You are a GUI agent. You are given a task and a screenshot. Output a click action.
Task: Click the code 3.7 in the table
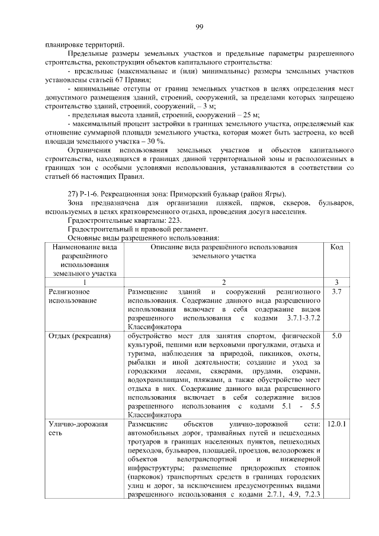point(337,293)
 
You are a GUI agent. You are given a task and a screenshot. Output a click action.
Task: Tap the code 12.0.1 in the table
point(337,425)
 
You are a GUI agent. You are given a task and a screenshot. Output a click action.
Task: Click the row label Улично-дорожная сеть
point(74,429)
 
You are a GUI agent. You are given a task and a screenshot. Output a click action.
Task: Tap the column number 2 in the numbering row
point(224,283)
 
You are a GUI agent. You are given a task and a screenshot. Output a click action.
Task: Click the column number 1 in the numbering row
point(85,283)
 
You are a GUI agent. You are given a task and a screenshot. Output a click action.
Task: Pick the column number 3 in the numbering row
point(337,283)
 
